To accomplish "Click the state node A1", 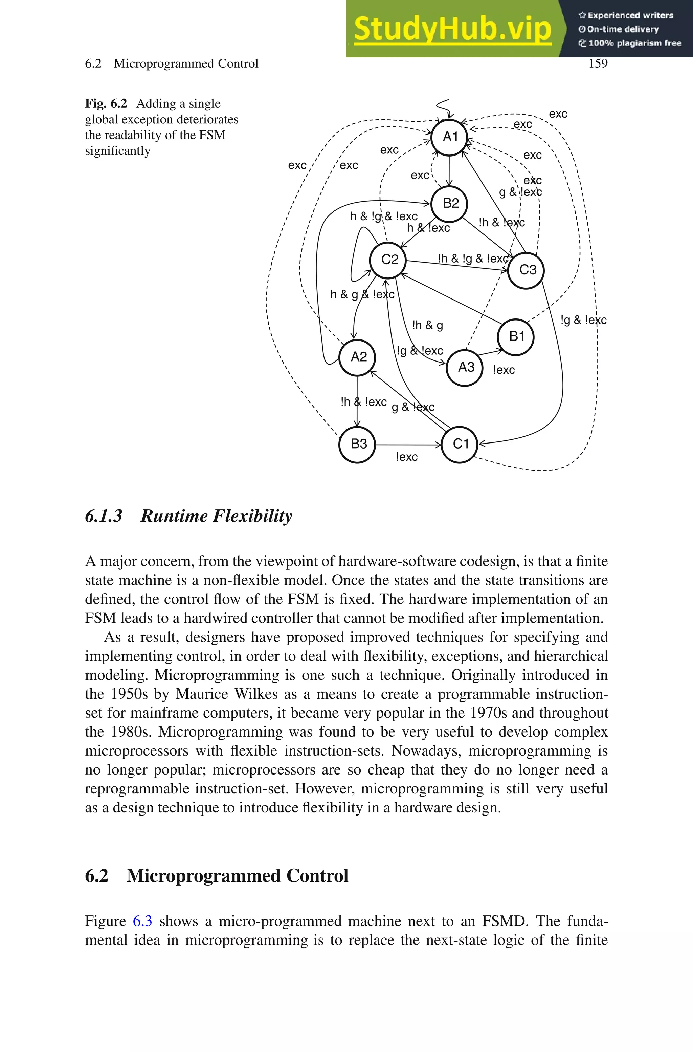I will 449,137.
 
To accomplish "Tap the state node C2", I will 388,259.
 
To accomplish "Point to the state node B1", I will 516,337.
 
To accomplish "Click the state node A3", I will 465,367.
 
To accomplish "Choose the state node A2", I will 358,357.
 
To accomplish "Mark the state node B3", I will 358,444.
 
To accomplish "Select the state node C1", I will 460,444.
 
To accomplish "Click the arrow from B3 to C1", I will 408,444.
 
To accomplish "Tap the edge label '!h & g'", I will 427,326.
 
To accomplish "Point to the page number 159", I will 598,64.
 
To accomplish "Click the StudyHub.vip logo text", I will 452,29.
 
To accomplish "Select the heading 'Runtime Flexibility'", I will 216,516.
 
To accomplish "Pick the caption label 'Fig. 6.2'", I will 106,104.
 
